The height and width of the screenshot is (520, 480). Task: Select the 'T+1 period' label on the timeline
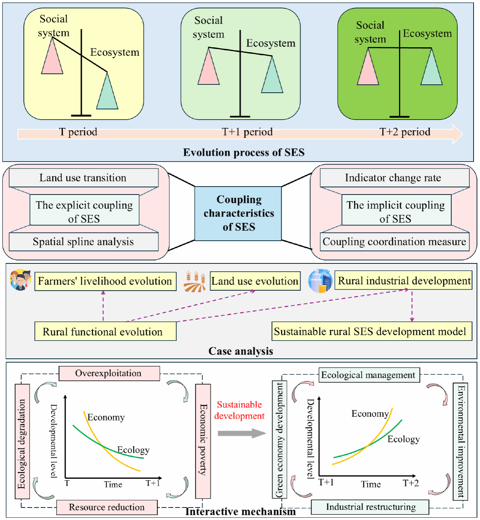(247, 132)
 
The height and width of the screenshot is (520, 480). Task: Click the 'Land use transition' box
(83, 178)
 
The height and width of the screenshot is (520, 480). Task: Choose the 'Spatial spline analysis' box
(83, 242)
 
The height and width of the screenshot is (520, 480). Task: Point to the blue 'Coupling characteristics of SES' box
(238, 213)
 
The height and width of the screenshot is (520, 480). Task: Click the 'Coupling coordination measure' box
(394, 242)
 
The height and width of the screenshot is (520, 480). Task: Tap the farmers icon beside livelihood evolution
(20, 280)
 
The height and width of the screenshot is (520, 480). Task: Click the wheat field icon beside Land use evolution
(195, 282)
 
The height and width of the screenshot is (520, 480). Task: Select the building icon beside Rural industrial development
(320, 281)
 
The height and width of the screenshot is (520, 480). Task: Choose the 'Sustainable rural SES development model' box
(371, 332)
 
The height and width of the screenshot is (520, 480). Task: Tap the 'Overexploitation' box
(109, 373)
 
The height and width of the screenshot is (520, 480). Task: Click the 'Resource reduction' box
(107, 507)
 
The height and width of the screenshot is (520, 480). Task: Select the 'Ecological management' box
(369, 375)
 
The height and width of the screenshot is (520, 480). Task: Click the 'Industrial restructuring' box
(370, 507)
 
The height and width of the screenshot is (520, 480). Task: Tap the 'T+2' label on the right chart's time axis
(410, 483)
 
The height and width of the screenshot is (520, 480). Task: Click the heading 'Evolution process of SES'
(243, 153)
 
